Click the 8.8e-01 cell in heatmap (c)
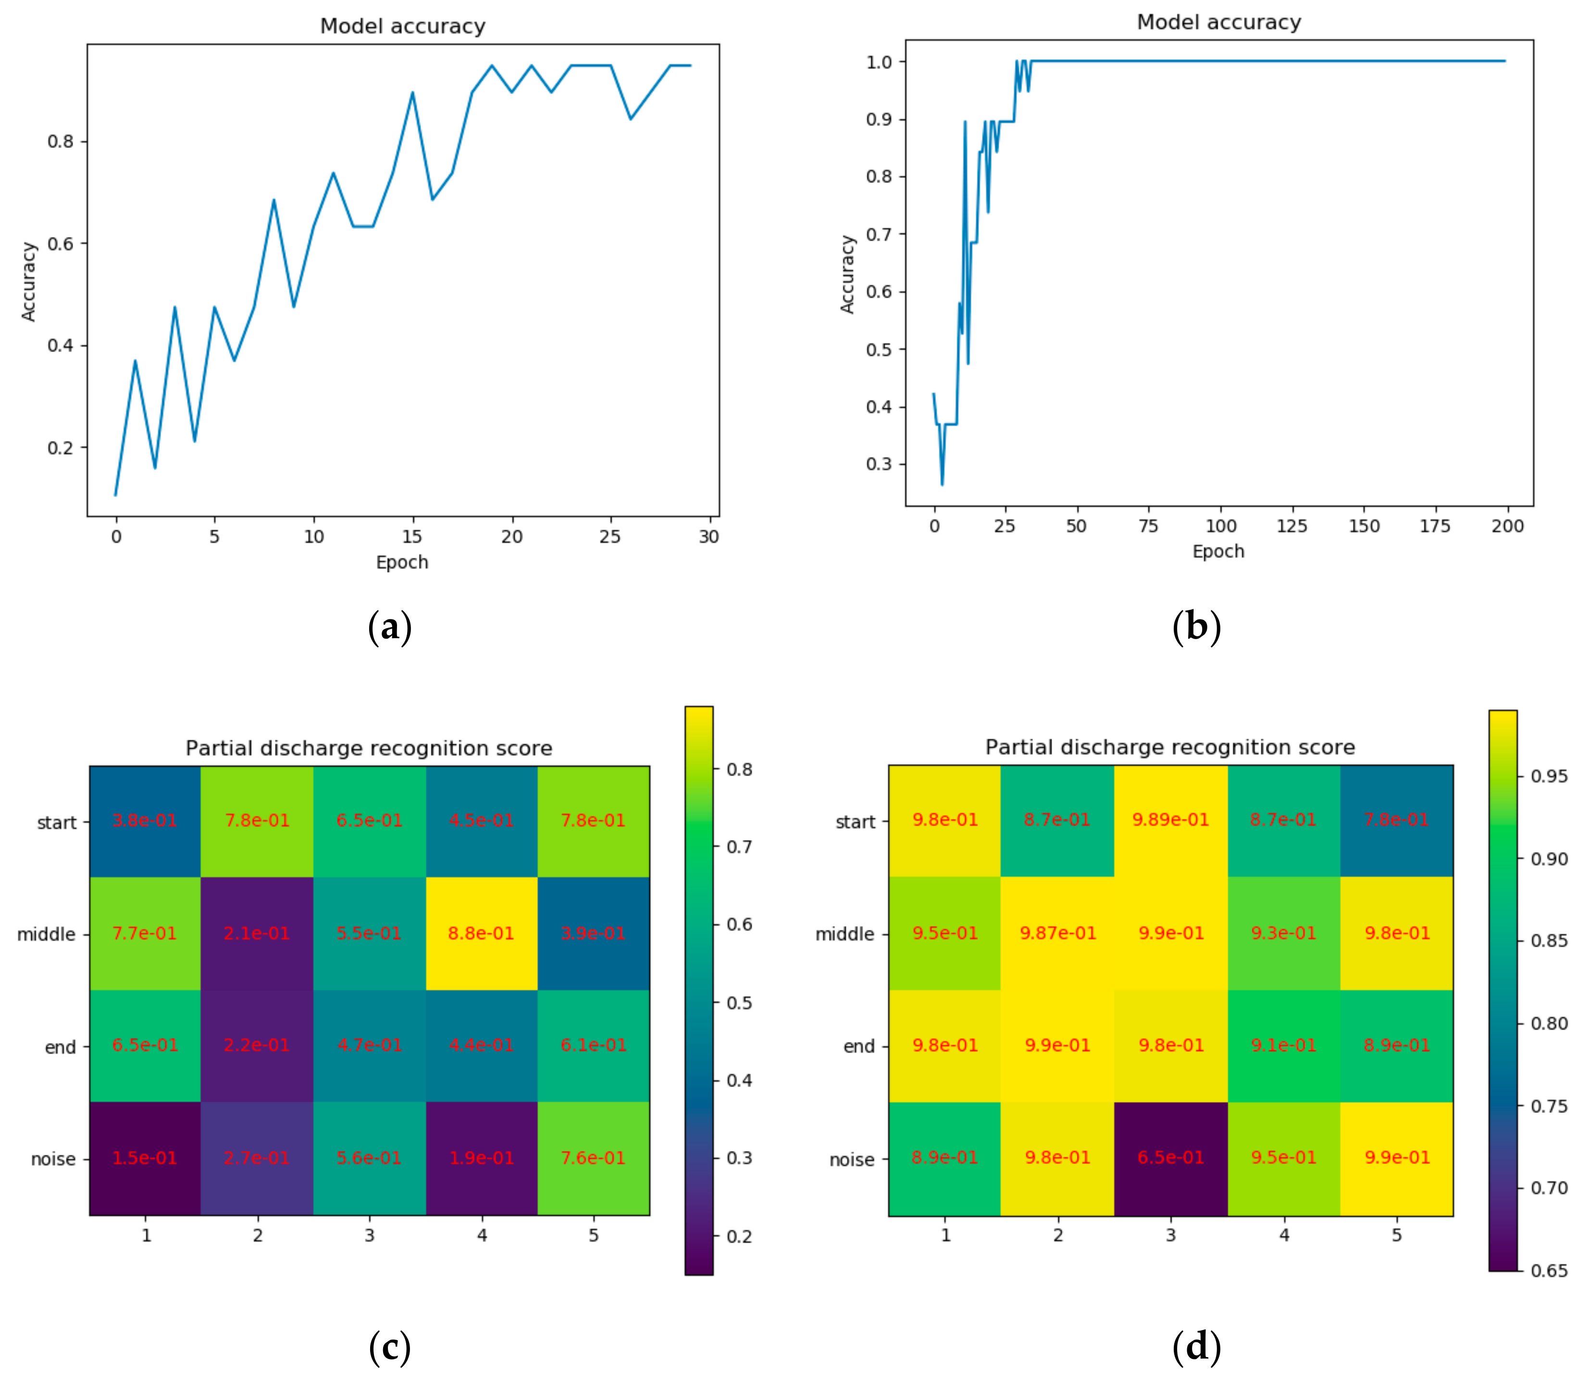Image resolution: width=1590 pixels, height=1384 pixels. pyautogui.click(x=481, y=933)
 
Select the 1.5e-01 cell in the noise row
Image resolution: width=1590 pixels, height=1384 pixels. pyautogui.click(x=145, y=1158)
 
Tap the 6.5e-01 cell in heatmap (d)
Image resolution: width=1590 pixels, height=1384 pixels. pyautogui.click(x=1170, y=1157)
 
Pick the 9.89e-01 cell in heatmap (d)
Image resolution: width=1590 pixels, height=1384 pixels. pyautogui.click(x=1170, y=819)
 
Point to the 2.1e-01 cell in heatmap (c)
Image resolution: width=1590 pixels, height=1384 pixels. pyautogui.click(x=257, y=933)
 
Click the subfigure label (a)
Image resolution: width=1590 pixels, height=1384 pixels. pyautogui.click(x=389, y=626)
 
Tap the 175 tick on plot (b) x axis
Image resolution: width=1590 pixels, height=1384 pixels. pyautogui.click(x=1435, y=526)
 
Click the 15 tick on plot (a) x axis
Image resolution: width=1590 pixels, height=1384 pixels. pyautogui.click(x=412, y=537)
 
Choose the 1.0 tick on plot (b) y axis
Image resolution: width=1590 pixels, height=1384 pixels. pyautogui.click(x=879, y=62)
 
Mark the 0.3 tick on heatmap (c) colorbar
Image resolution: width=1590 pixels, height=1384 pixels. pyautogui.click(x=739, y=1158)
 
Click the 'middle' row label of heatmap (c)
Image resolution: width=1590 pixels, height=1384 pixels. pyautogui.click(x=46, y=935)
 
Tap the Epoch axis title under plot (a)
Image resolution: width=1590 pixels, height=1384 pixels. pyautogui.click(x=402, y=562)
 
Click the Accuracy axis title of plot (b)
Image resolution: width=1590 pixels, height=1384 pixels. pyautogui.click(x=847, y=274)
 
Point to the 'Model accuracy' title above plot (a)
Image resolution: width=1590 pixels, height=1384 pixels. pyautogui.click(x=402, y=26)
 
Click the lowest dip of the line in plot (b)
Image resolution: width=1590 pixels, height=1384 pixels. pyautogui.click(x=942, y=484)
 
